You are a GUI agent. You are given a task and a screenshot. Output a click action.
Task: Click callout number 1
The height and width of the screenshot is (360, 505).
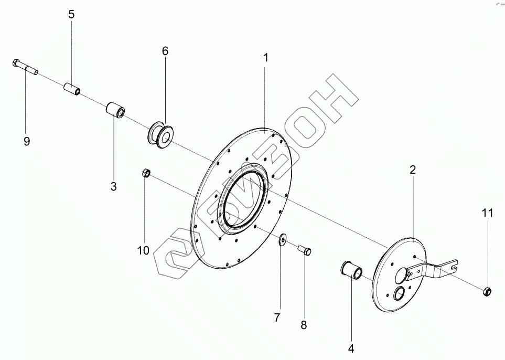(x=266, y=58)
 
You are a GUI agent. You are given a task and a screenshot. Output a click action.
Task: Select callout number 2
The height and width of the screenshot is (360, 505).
(x=413, y=170)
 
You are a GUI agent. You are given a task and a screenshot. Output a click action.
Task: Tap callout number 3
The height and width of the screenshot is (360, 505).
(x=113, y=186)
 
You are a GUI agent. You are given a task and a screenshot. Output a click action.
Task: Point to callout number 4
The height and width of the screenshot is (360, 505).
(x=351, y=347)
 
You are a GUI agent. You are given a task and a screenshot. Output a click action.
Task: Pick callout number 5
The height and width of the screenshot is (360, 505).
(x=71, y=14)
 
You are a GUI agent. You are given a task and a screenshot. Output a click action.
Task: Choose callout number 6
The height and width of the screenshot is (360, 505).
(x=165, y=51)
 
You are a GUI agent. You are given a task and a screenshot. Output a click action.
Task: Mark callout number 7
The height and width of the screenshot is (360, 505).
(x=277, y=317)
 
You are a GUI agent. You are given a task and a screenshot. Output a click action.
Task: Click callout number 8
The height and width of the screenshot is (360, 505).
(x=304, y=325)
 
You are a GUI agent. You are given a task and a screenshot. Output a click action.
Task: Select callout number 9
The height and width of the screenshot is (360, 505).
(x=27, y=141)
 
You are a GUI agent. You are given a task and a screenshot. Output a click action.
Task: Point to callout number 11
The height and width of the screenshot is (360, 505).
(x=488, y=213)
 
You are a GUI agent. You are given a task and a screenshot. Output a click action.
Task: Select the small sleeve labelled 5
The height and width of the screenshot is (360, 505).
(x=71, y=89)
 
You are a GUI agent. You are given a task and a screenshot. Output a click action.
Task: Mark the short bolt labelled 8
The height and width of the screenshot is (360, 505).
(x=304, y=250)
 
